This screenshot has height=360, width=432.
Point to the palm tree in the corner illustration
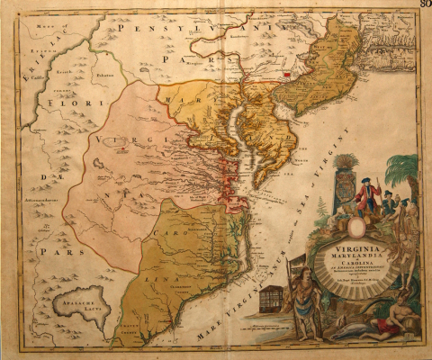(x=401, y=171)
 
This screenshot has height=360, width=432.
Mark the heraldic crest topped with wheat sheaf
(x=345, y=184)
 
